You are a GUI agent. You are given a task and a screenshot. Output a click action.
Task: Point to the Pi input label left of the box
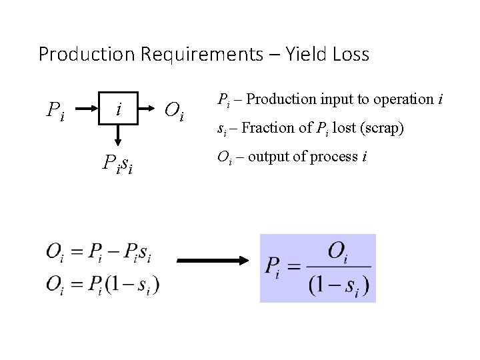click(55, 109)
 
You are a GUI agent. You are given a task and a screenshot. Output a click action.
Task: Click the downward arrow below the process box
click(118, 137)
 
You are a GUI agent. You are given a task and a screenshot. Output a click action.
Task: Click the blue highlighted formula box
click(318, 268)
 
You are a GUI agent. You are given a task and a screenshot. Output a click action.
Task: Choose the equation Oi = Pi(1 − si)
click(103, 283)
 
